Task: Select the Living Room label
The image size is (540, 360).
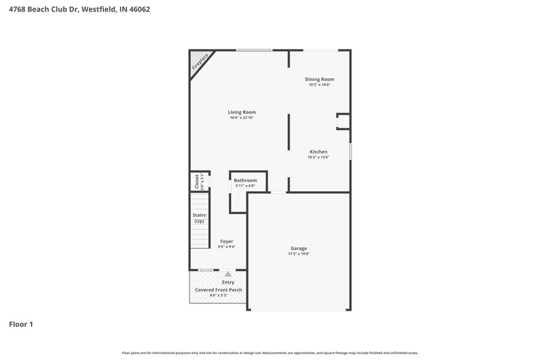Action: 242,112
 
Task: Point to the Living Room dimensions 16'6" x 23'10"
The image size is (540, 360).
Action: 242,118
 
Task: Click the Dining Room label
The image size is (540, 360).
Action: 319,79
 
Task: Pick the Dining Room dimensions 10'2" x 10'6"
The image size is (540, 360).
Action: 319,85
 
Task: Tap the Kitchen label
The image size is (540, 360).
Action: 319,151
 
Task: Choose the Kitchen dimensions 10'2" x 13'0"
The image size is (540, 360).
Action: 319,157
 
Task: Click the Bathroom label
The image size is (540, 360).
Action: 245,180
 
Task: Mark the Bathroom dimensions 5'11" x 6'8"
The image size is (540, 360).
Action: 245,186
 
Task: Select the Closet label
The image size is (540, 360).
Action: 197,181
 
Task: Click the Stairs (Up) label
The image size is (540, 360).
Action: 199,217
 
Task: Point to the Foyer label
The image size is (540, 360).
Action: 227,241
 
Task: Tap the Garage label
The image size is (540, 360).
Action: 298,248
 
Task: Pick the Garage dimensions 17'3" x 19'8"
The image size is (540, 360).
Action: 298,254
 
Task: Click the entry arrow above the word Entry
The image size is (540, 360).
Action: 228,274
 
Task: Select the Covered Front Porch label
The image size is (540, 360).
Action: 218,290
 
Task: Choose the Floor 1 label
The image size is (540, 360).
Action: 21,324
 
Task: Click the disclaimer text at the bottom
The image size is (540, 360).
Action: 270,353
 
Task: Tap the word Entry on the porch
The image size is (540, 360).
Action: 219,282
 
